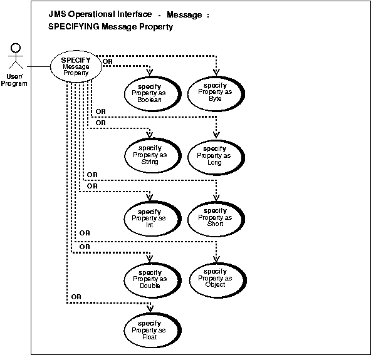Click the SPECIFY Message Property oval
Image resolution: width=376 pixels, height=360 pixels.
coord(75,66)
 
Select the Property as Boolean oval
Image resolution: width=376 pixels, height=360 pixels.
coord(150,93)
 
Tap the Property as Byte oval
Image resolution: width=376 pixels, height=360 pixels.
coord(215,92)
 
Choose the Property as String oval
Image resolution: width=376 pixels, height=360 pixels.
coord(150,155)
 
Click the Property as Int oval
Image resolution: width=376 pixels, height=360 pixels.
coord(150,217)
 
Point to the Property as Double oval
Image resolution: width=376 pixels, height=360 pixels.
coord(150,279)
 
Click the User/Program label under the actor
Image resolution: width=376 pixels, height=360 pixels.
coord(13,80)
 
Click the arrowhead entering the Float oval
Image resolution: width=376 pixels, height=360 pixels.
coord(150,307)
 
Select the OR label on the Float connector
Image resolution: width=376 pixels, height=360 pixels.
coord(76,296)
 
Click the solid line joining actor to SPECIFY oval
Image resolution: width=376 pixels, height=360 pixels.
coord(38,66)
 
